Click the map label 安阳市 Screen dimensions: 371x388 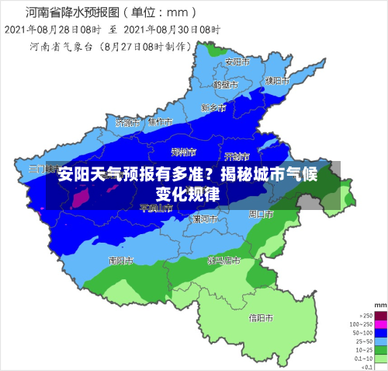tap(237, 61)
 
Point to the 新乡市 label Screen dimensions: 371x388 tap(213, 107)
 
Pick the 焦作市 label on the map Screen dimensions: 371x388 tap(161, 122)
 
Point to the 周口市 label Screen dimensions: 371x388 tap(262, 213)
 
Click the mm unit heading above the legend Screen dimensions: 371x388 tap(379, 304)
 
